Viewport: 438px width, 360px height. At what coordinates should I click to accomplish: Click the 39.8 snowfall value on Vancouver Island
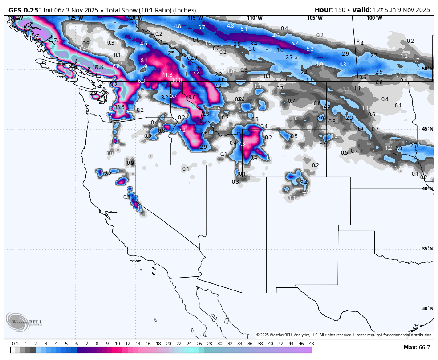(x=98, y=67)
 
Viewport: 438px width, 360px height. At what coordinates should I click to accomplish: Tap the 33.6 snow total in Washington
(x=119, y=107)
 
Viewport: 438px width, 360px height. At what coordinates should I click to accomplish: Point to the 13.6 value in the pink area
(x=191, y=97)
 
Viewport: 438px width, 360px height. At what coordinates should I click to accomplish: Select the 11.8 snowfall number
(x=167, y=75)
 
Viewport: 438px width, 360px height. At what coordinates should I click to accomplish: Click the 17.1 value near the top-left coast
(x=57, y=41)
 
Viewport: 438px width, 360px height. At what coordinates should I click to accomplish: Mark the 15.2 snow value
(x=113, y=85)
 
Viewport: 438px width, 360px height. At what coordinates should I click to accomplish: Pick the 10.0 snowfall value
(x=177, y=80)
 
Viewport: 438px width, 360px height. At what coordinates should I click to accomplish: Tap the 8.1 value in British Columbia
(x=144, y=60)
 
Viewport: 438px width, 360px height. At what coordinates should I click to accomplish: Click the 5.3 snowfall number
(x=310, y=49)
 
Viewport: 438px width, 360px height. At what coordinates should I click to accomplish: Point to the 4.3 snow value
(x=342, y=65)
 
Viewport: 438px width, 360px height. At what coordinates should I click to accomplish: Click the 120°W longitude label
(x=135, y=18)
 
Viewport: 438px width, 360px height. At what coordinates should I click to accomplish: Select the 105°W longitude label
(x=314, y=18)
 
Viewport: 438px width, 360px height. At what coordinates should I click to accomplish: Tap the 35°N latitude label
(x=427, y=249)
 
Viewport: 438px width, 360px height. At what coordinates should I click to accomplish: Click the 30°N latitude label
(x=427, y=308)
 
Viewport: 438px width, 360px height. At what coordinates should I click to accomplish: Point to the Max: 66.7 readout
(x=417, y=347)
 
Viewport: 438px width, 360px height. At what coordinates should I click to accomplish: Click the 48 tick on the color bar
(x=311, y=344)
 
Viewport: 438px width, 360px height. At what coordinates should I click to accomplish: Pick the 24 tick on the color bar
(x=189, y=344)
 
